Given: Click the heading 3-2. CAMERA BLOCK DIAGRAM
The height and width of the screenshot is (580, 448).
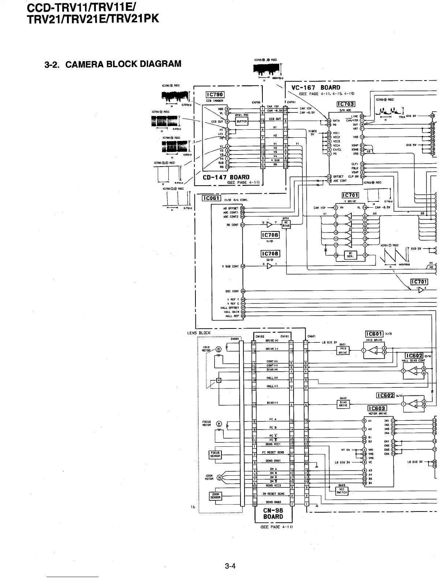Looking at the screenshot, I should pyautogui.click(x=113, y=64).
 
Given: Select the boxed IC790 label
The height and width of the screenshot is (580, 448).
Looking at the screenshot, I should pyautogui.click(x=215, y=95).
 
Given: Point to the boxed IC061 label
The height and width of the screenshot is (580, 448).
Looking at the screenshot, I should pyautogui.click(x=211, y=198).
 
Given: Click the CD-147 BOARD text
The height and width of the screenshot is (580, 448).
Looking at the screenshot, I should pyautogui.click(x=226, y=178).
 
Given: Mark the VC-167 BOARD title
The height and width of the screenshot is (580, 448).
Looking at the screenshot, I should pyautogui.click(x=316, y=88).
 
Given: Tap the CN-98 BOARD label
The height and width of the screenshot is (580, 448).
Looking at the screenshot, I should pyautogui.click(x=273, y=513).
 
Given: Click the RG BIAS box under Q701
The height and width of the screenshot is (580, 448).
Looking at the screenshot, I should pyautogui.click(x=286, y=224).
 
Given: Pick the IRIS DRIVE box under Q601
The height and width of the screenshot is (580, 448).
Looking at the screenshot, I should pyautogui.click(x=343, y=351).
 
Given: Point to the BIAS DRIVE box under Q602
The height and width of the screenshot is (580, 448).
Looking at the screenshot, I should pyautogui.click(x=343, y=404).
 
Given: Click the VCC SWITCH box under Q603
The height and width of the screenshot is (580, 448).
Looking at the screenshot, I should pyautogui.click(x=341, y=491).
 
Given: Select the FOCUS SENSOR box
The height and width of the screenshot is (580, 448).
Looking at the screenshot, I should pyautogui.click(x=215, y=454).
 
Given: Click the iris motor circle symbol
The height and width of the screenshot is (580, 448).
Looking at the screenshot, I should pyautogui.click(x=219, y=349).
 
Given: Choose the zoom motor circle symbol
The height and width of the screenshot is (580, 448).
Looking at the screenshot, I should pyautogui.click(x=219, y=477).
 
